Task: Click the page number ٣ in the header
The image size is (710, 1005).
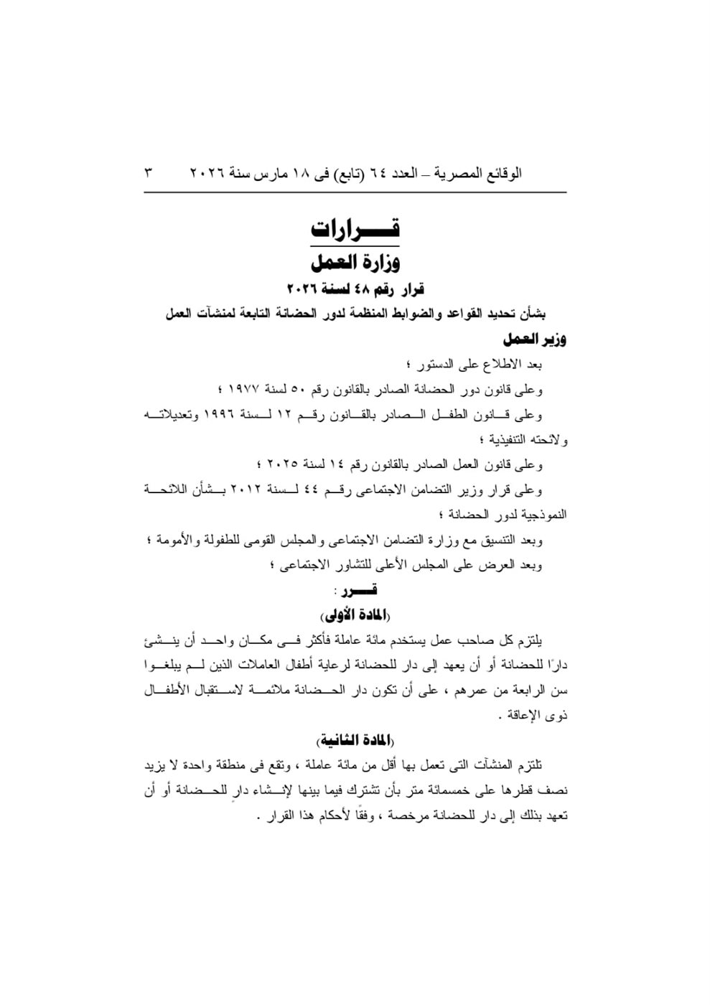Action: [x=149, y=174]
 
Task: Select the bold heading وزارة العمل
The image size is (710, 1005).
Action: [x=356, y=262]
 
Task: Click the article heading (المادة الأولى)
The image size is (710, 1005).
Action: [x=356, y=615]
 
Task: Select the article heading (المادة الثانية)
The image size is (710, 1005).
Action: [x=356, y=740]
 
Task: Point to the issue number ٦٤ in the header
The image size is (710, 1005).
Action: [x=376, y=174]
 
